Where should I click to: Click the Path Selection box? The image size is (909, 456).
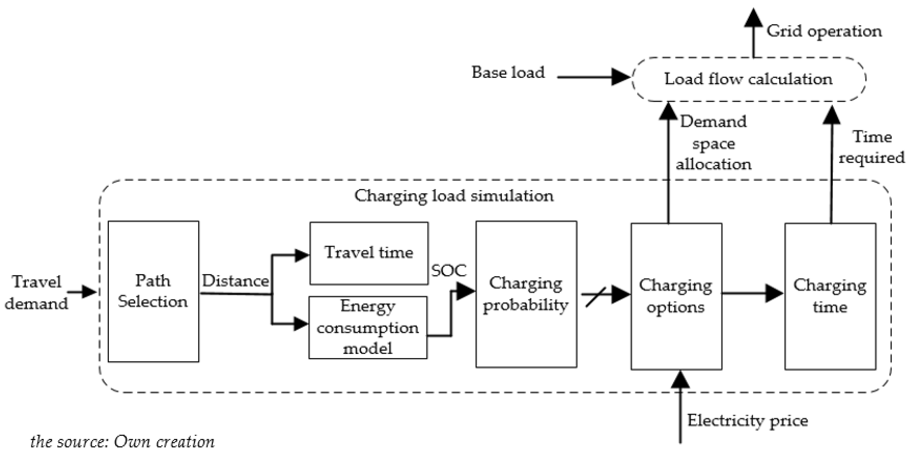(153, 291)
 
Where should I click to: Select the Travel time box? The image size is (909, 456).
(369, 253)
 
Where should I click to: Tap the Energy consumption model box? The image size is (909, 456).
(368, 328)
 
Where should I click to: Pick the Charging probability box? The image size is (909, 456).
(526, 294)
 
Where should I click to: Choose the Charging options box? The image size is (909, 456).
(676, 296)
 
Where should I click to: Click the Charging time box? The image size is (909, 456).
(830, 296)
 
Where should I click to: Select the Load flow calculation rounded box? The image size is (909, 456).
(748, 79)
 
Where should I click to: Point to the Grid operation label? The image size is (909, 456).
(824, 31)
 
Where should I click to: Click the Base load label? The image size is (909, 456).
(508, 73)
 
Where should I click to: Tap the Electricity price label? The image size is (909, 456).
(747, 420)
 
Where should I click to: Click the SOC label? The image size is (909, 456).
(448, 271)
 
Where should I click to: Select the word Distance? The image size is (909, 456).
(235, 281)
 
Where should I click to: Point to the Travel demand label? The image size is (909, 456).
(36, 292)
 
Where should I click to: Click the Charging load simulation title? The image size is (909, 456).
(454, 196)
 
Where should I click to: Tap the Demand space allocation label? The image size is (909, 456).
(713, 143)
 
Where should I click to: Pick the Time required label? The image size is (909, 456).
(872, 147)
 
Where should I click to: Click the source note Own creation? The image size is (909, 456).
(122, 442)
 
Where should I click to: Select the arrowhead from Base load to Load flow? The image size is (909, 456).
(620, 77)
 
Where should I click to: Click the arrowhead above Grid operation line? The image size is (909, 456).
(753, 18)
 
